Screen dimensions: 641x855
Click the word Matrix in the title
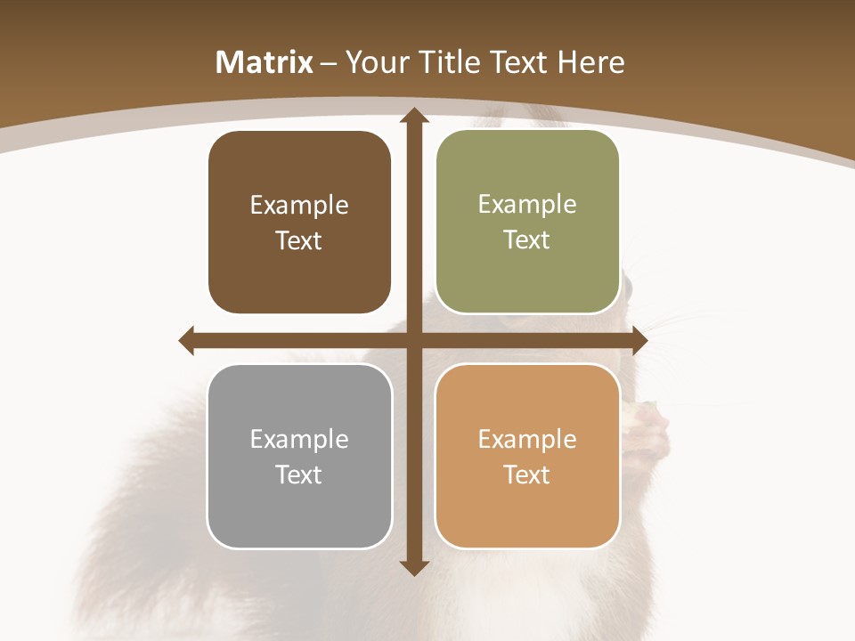point(265,62)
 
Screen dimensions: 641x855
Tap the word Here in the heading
point(591,62)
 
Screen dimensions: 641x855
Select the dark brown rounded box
point(299,223)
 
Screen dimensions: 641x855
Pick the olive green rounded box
point(527,222)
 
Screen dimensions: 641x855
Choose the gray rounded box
point(299,456)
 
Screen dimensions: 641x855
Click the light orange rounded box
point(527,456)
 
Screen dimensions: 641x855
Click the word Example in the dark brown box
point(299,206)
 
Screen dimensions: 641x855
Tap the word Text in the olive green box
point(527,240)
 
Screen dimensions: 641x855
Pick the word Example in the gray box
point(299,439)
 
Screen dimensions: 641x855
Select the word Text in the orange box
point(527,475)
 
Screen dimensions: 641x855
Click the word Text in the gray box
point(299,475)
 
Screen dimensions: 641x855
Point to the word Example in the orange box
point(527,439)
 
